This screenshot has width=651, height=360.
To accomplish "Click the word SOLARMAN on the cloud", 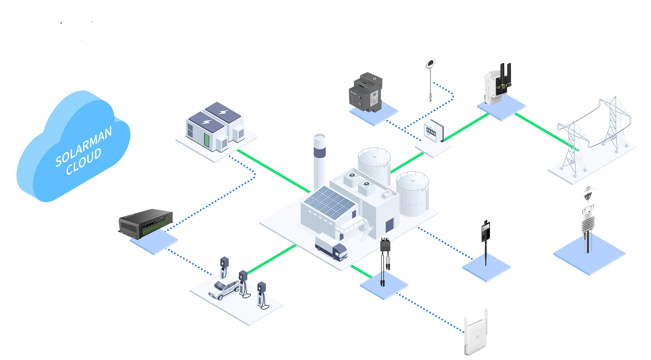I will click(84, 146).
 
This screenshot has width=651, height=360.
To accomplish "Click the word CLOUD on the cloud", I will click(84, 162).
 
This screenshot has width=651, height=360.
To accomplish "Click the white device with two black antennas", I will click(497, 84).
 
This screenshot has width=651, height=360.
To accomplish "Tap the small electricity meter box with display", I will click(432, 130).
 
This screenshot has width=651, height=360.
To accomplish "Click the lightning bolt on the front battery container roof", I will click(206, 122).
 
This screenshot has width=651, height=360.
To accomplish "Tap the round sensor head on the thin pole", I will click(431, 63).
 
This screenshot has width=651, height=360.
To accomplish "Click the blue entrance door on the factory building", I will click(389, 225).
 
